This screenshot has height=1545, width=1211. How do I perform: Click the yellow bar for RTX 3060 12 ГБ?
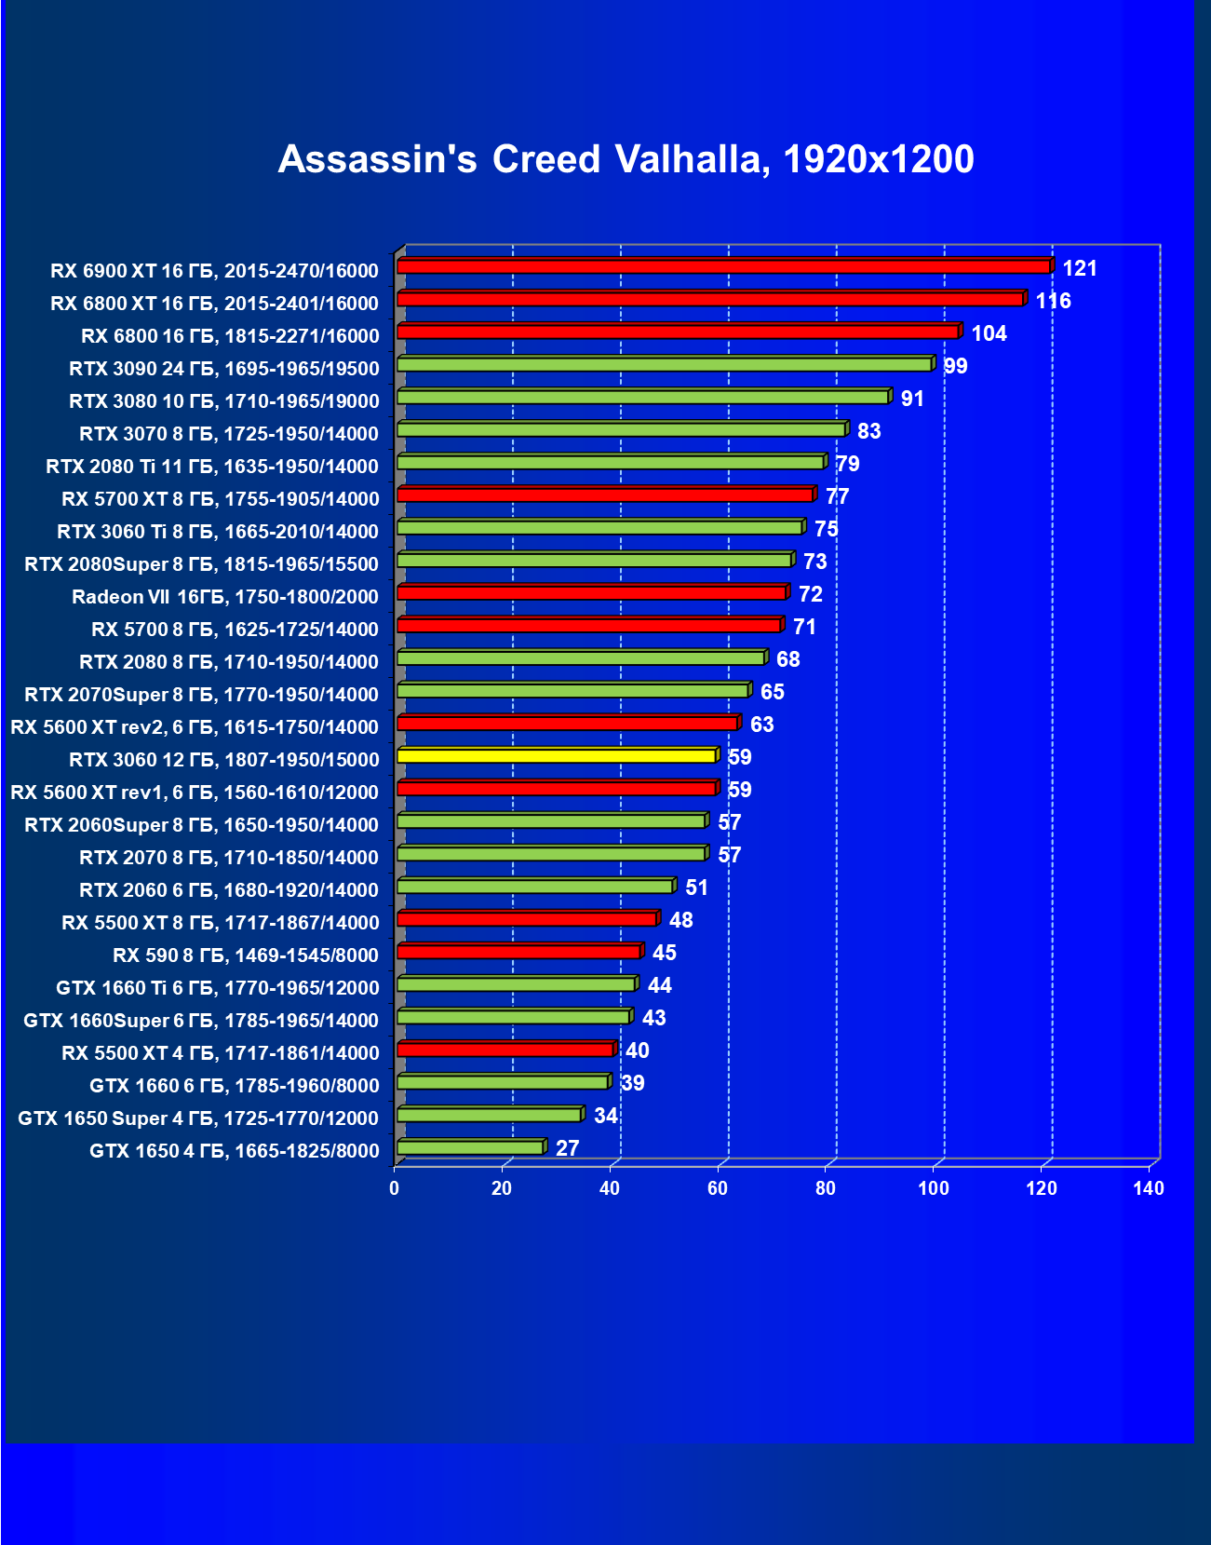pos(557,755)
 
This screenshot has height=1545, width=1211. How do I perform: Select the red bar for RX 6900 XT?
pos(724,266)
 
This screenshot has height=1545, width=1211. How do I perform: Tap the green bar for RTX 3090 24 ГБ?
pos(665,364)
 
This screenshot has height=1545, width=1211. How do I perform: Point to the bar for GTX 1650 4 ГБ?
pos(470,1146)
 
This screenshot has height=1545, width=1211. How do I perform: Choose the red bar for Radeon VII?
pos(592,592)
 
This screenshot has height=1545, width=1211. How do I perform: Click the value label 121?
pos(1080,269)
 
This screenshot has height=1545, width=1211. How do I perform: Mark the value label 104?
pos(989,334)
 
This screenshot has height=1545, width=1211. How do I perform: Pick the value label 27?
pos(567,1149)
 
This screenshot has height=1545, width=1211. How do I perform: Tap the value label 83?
pos(868,432)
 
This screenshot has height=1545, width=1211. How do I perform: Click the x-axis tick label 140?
pos(1149,1188)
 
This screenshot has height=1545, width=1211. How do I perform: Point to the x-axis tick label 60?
pos(718,1188)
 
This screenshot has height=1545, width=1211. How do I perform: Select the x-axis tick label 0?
pos(395,1188)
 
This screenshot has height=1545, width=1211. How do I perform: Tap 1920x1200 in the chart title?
pos(879,159)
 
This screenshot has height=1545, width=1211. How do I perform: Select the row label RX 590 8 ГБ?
pos(246,955)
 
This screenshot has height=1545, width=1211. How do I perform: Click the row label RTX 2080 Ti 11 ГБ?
pos(212,467)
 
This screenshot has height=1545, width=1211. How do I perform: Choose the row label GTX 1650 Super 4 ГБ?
pos(198,1118)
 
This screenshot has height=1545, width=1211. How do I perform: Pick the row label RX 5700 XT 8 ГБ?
pos(221,499)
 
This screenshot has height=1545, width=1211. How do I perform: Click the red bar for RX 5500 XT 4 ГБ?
pos(505,1049)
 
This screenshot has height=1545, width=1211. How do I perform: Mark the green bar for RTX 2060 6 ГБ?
pos(535,886)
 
